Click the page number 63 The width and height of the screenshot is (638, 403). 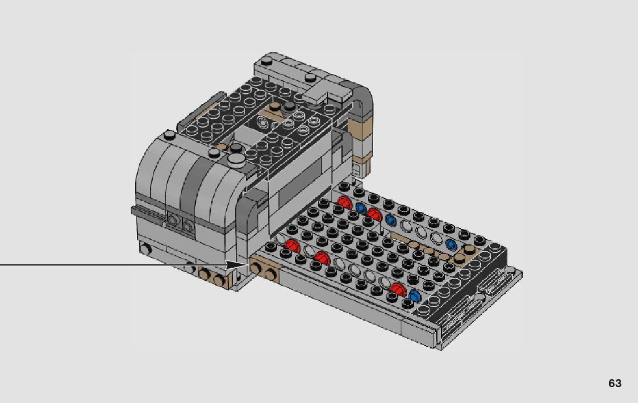[615, 383]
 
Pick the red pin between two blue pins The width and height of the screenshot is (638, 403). [374, 214]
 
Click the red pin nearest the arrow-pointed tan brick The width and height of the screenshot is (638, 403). [292, 246]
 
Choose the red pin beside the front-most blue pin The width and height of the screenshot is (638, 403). [398, 289]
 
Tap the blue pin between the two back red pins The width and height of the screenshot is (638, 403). [361, 209]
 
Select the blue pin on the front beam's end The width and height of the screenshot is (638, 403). [415, 296]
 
